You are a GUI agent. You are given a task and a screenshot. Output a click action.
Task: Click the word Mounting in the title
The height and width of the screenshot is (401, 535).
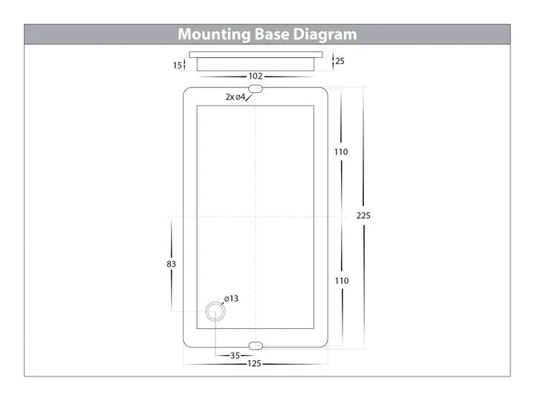(214, 35)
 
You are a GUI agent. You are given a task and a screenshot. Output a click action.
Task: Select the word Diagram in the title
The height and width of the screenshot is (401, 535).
(325, 35)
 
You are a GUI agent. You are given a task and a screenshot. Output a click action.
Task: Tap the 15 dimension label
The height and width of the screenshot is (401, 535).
(178, 65)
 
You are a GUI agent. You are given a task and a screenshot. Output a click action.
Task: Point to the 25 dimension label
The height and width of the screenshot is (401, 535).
(340, 61)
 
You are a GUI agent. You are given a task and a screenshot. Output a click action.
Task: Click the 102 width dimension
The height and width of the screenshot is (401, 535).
(255, 76)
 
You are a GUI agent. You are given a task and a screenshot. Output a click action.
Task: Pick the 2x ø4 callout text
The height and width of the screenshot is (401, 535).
(235, 97)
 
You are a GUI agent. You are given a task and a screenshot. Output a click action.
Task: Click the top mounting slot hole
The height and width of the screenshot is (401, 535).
(256, 89)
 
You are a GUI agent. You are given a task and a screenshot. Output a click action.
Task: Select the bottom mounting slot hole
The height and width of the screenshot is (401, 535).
(256, 346)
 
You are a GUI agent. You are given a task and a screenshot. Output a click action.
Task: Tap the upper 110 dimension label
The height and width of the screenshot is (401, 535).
(341, 151)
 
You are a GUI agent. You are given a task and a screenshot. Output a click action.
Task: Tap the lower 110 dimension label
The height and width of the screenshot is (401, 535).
(342, 281)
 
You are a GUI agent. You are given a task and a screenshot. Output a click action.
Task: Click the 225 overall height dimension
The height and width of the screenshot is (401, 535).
(363, 215)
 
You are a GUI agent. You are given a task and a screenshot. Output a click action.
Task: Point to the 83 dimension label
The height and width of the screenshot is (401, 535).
(172, 264)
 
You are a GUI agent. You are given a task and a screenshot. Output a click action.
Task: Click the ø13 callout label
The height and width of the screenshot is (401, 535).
(231, 299)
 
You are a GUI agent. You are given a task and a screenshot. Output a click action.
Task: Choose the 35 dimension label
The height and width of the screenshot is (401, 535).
(235, 356)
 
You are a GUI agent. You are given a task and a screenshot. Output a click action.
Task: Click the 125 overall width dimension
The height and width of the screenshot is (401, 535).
(254, 364)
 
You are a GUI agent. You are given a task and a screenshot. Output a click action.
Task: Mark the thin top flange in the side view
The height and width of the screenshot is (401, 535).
(256, 54)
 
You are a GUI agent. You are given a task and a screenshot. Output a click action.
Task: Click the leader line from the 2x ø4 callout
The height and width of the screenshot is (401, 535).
(249, 97)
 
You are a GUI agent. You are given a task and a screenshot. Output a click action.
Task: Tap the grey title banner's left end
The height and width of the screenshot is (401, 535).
(25, 34)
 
